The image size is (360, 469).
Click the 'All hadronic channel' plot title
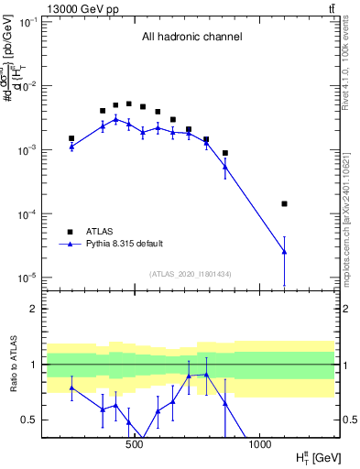point(191,38)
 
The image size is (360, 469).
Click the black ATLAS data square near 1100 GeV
point(284,203)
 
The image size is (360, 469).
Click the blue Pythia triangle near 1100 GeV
point(284,251)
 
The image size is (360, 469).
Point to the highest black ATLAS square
point(129,104)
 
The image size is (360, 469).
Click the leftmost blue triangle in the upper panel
point(71,146)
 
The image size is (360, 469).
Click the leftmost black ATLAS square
point(71,138)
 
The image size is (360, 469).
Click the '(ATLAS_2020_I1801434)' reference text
point(191,273)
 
